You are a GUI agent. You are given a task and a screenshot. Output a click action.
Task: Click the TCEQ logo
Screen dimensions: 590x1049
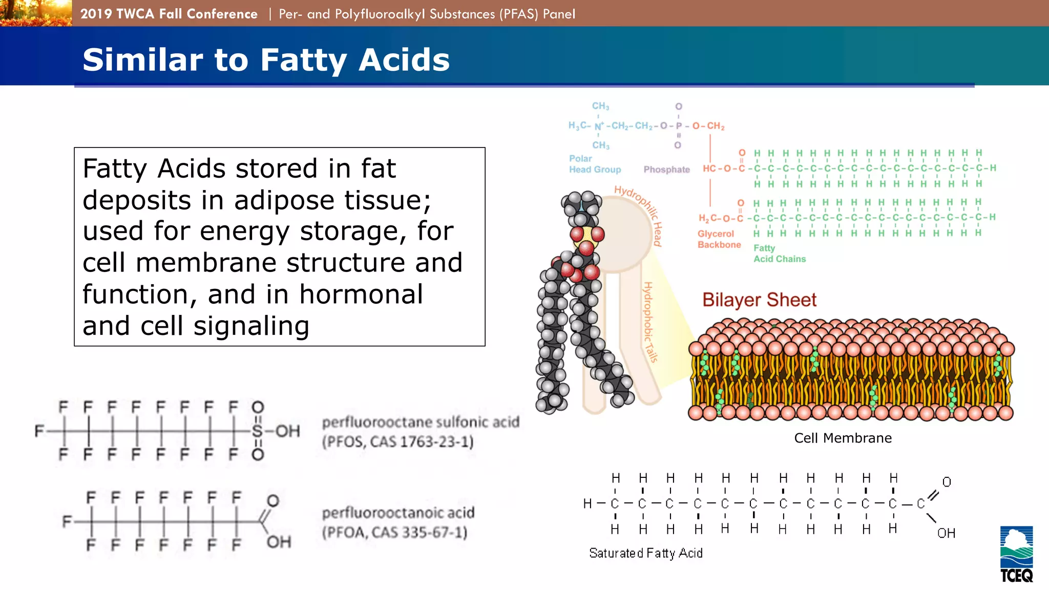pyautogui.click(x=1016, y=554)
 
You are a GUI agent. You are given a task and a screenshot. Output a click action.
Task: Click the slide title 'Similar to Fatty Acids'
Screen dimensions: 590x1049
pyautogui.click(x=266, y=59)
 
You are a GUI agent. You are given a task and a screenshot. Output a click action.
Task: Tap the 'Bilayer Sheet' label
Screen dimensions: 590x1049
pyautogui.click(x=759, y=300)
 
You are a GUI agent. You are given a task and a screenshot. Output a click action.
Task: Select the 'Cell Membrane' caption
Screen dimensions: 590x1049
pyautogui.click(x=843, y=438)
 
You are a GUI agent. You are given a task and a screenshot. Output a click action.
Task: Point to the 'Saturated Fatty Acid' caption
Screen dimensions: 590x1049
pyautogui.click(x=645, y=553)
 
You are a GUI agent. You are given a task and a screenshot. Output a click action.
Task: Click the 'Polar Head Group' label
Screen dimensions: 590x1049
pyautogui.click(x=594, y=164)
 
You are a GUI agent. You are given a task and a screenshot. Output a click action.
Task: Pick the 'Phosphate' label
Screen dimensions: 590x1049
pyautogui.click(x=666, y=170)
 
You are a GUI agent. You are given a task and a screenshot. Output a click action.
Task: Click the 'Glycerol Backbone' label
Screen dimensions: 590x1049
pyautogui.click(x=719, y=239)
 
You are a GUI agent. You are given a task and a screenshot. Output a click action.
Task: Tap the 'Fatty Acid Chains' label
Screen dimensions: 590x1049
pyautogui.click(x=779, y=254)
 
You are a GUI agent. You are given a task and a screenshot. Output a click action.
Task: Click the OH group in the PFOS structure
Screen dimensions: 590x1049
pyautogui.click(x=287, y=431)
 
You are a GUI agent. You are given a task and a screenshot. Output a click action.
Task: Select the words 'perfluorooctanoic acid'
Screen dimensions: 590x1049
pyautogui.click(x=398, y=513)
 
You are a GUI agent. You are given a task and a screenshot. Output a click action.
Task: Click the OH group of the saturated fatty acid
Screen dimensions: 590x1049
pyautogui.click(x=946, y=533)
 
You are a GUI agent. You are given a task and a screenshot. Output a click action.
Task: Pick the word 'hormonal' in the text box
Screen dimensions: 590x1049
pyautogui.click(x=361, y=294)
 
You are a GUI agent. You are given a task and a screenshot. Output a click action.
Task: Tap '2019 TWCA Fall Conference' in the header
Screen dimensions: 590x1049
pyautogui.click(x=169, y=14)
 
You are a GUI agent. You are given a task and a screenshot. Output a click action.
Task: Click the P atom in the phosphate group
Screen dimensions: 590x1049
pyautogui.click(x=679, y=126)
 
